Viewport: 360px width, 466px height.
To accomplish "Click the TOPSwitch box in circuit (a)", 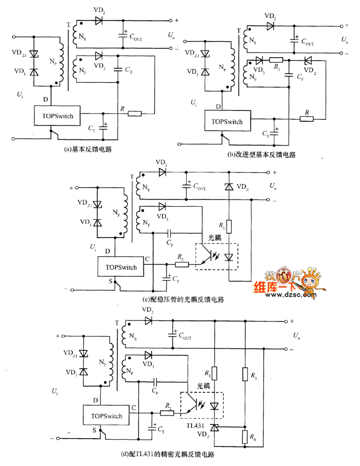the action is point(57,116).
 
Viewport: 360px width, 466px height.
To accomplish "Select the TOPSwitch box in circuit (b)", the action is point(227,121).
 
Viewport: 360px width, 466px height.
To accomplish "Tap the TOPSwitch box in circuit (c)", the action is point(121,266).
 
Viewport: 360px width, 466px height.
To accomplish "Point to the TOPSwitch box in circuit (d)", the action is point(106,415).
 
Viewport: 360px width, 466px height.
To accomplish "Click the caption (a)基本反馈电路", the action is point(88,149).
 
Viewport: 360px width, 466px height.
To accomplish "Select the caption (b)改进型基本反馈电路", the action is point(261,155).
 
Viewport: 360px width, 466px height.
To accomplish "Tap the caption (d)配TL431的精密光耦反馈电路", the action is point(168,454).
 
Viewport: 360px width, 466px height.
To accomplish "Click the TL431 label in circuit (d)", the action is point(195,426).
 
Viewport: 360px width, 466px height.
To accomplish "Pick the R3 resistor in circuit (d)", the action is point(245,374).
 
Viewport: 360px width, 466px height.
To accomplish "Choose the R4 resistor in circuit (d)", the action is point(245,436).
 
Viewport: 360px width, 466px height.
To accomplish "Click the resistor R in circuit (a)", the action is point(135,113).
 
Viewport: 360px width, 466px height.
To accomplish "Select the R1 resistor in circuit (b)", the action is point(276,60).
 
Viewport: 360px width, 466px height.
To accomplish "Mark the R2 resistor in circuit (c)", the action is point(182,264).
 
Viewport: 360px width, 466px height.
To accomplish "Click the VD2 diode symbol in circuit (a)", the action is point(99,21).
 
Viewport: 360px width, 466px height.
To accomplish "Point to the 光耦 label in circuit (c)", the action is point(214,238).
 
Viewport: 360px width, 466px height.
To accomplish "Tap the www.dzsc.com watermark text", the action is point(291,295).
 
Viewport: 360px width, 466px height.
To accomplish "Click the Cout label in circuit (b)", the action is point(308,42).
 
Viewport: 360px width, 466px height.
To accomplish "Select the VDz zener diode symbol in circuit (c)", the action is point(229,187).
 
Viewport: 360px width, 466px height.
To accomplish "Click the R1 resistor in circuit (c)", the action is point(229,227).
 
